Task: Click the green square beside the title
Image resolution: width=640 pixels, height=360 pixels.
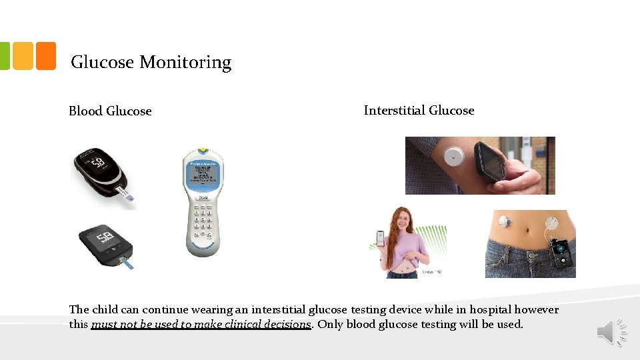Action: [4, 56]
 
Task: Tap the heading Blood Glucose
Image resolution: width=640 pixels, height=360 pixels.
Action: [110, 111]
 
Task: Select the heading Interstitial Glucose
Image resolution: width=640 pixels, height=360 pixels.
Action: [419, 111]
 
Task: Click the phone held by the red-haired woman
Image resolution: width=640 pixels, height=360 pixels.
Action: [380, 239]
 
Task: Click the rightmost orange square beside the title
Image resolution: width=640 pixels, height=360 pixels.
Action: [45, 56]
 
